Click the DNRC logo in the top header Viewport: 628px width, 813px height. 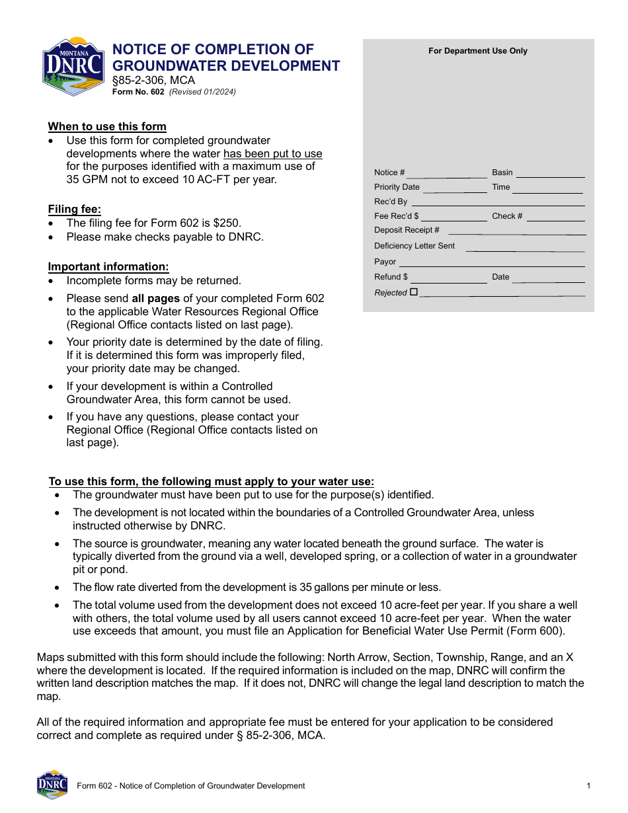click(x=73, y=67)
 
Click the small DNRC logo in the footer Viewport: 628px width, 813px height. click(x=52, y=785)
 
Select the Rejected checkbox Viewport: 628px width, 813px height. click(x=414, y=291)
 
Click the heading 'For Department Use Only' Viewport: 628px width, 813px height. click(x=478, y=51)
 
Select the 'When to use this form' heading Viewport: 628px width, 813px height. click(x=107, y=126)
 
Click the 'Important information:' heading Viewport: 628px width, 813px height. click(x=108, y=266)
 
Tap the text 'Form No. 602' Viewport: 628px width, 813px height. click(x=138, y=93)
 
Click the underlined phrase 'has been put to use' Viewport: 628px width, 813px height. click(x=272, y=154)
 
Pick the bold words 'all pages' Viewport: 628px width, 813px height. click(x=155, y=298)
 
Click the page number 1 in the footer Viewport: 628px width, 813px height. click(x=588, y=786)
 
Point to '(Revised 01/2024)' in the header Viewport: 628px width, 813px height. click(x=202, y=93)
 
